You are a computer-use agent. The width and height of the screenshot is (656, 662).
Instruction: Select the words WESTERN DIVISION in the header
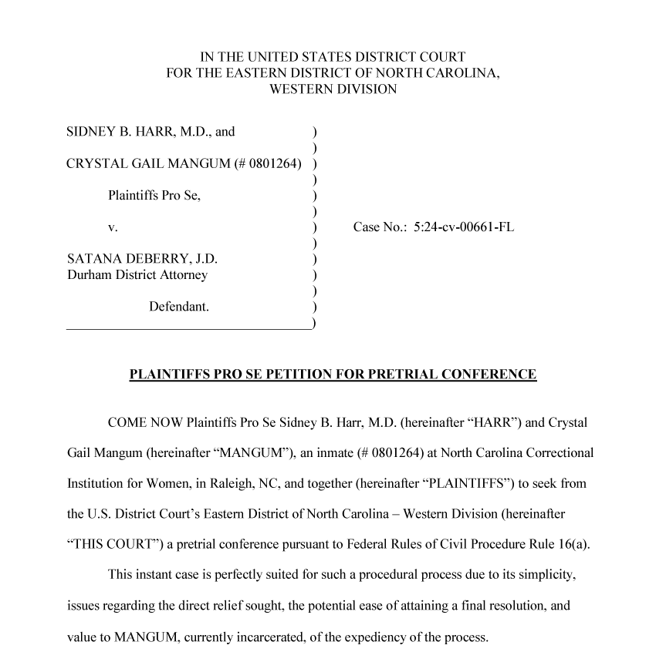click(x=333, y=89)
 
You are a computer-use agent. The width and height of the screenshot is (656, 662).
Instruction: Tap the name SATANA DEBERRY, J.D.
click(x=137, y=260)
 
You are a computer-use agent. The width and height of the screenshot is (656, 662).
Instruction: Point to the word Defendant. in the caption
click(x=179, y=307)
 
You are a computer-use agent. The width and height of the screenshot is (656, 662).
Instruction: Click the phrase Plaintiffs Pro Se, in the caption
click(x=154, y=196)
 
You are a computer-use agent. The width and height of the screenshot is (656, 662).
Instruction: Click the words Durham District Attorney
click(x=137, y=274)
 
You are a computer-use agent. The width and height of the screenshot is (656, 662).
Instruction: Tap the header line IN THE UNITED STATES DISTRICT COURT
click(x=333, y=57)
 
